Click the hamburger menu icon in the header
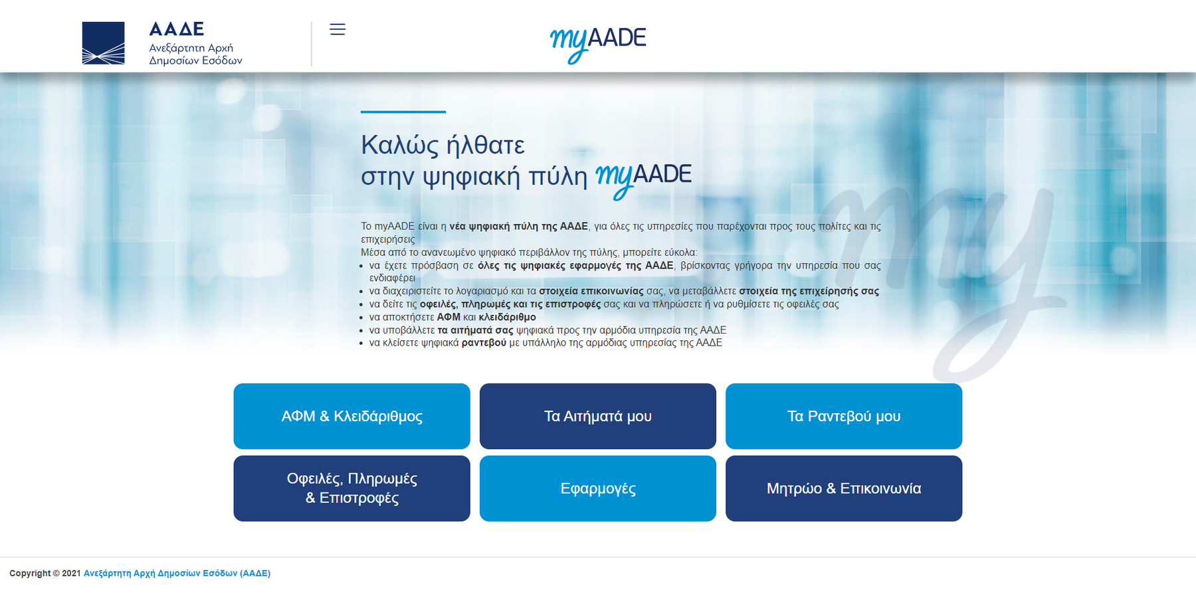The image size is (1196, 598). pyautogui.click(x=338, y=29)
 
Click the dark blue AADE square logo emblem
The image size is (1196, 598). pyautogui.click(x=103, y=43)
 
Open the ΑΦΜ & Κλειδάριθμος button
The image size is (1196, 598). pyautogui.click(x=351, y=416)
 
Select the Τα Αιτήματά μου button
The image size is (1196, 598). pyautogui.click(x=598, y=416)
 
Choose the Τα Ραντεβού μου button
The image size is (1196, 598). pyautogui.click(x=844, y=416)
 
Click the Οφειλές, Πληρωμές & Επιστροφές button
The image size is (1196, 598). pyautogui.click(x=351, y=488)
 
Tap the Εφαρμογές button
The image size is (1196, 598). pyautogui.click(x=598, y=488)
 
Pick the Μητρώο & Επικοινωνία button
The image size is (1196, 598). pyautogui.click(x=844, y=488)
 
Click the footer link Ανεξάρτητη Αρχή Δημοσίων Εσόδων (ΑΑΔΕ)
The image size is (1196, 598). pyautogui.click(x=177, y=573)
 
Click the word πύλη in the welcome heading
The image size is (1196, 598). pyautogui.click(x=558, y=177)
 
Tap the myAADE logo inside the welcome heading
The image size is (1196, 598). pyautogui.click(x=643, y=179)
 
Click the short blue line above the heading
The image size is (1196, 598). pyautogui.click(x=403, y=112)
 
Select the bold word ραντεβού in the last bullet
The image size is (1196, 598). pyautogui.click(x=484, y=343)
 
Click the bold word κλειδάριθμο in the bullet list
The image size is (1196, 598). pyautogui.click(x=507, y=317)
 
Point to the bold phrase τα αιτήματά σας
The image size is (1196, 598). pyautogui.click(x=476, y=330)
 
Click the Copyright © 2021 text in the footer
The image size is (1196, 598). pyautogui.click(x=45, y=573)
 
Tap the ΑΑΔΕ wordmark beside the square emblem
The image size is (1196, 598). pyautogui.click(x=176, y=29)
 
